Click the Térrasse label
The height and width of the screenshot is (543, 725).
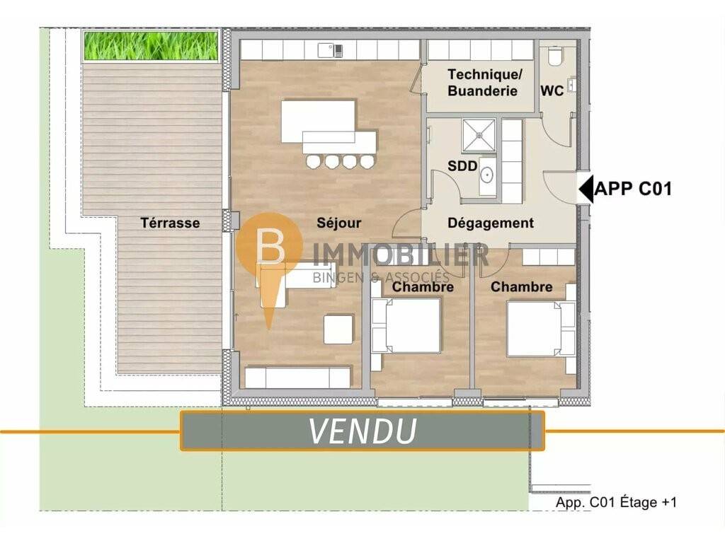(x=170, y=223)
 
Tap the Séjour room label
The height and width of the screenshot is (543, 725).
(x=339, y=223)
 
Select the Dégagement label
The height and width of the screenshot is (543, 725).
(x=491, y=223)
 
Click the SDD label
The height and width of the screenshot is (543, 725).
(x=462, y=165)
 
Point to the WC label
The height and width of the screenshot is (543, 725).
(x=552, y=90)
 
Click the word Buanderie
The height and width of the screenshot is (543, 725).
(x=482, y=90)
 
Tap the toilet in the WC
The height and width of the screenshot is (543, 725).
(x=554, y=56)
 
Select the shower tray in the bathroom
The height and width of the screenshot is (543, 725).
(x=479, y=135)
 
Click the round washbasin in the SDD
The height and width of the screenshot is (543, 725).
(x=487, y=175)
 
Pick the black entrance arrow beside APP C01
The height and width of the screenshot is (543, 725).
(x=586, y=189)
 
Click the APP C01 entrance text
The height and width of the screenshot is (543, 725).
(x=633, y=189)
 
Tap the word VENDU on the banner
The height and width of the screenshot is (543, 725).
(x=362, y=431)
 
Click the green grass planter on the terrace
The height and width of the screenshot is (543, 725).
(x=151, y=45)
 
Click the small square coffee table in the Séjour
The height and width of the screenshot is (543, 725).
(x=338, y=329)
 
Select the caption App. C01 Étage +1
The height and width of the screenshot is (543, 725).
(x=616, y=503)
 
